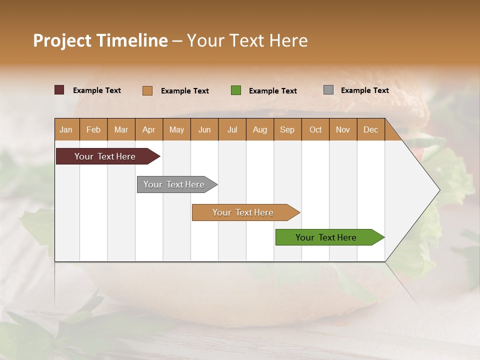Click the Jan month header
tap(66, 129)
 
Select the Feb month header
tap(93, 129)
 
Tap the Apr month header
tap(148, 129)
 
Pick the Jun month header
tap(204, 129)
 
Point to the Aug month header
tap(259, 129)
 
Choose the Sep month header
tap(287, 129)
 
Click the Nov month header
tap(343, 129)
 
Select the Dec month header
tap(370, 129)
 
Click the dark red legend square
tap(59, 90)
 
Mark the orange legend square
tap(147, 90)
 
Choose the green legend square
tap(236, 90)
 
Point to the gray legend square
tap(328, 90)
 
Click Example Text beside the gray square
tap(364, 90)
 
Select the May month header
tap(176, 129)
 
